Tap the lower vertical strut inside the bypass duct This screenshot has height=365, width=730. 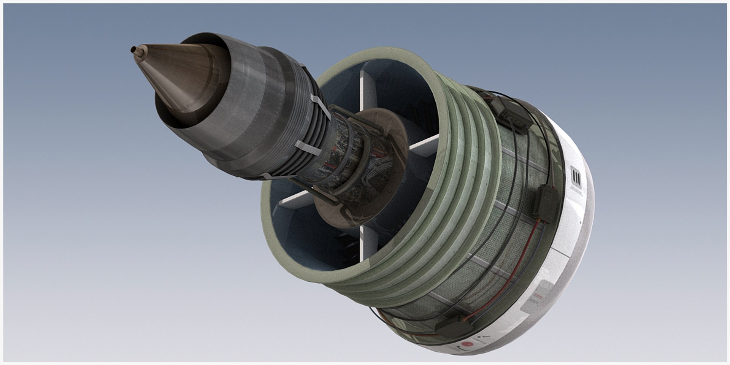367,243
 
